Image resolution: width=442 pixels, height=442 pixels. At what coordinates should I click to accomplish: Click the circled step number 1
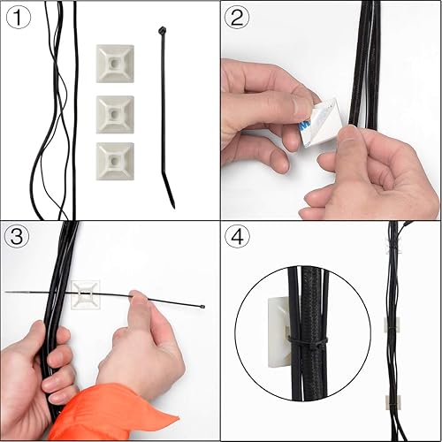pyautogui.click(x=19, y=18)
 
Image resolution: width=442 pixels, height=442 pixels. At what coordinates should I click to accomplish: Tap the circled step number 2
pyautogui.click(x=238, y=18)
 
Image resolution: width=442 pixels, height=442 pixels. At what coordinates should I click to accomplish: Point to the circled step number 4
pyautogui.click(x=238, y=237)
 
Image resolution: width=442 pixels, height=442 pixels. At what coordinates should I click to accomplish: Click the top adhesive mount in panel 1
pyautogui.click(x=115, y=64)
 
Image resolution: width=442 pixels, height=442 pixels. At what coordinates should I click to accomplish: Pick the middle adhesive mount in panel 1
pyautogui.click(x=115, y=112)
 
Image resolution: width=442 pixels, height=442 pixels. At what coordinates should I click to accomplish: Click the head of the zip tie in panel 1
pyautogui.click(x=163, y=32)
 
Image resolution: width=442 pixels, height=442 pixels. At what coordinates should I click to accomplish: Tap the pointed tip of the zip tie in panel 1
pyautogui.click(x=173, y=205)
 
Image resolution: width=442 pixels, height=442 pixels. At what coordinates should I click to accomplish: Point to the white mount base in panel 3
pyautogui.click(x=87, y=295)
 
